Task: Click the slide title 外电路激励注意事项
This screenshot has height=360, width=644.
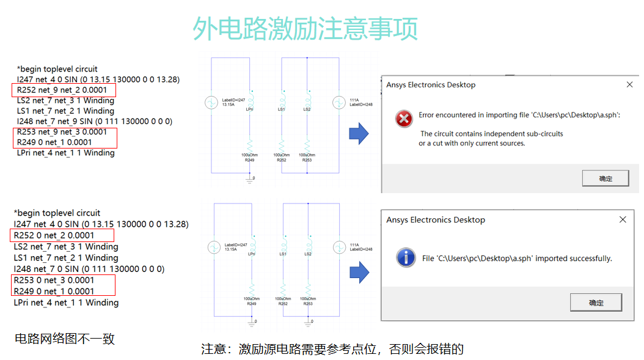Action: tap(305, 29)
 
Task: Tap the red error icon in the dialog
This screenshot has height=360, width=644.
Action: tap(404, 119)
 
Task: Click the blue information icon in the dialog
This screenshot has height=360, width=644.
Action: tap(406, 258)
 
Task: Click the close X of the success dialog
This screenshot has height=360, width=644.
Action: tap(623, 220)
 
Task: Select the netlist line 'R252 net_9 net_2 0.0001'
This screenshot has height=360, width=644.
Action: tap(62, 90)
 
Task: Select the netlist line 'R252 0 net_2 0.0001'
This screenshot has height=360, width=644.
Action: tap(54, 235)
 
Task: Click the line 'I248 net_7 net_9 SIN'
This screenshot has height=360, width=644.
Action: tap(94, 121)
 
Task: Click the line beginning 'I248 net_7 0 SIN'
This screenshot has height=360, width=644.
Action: tap(89, 269)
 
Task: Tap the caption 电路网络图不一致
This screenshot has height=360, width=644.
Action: tap(64, 339)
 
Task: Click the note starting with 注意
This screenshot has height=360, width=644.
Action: tap(332, 349)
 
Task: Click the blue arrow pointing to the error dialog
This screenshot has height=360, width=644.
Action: tap(359, 133)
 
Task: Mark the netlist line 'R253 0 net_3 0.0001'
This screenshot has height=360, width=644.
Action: tap(54, 280)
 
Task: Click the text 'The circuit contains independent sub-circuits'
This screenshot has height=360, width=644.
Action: tap(491, 133)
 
